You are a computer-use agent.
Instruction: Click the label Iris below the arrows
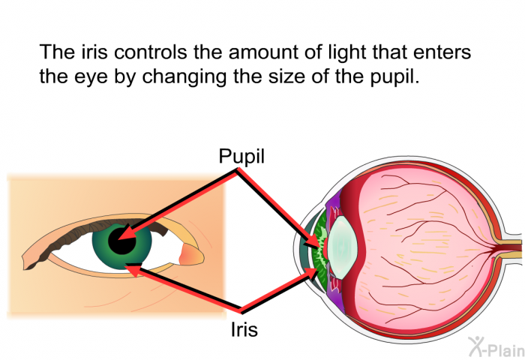coord(244,329)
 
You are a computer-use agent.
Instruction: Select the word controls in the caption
coord(150,52)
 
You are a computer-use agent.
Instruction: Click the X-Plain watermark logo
coord(496,346)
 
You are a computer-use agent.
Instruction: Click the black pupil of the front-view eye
coord(121,241)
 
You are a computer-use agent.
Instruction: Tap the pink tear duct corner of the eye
coord(190,255)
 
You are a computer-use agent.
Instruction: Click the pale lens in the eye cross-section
coord(342,247)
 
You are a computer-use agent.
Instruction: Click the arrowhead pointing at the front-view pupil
coord(125,233)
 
